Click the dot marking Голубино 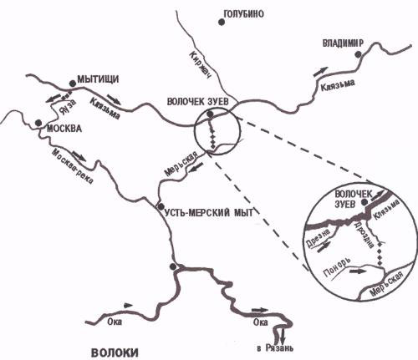(222, 23)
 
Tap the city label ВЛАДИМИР (343, 43)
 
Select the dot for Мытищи (73, 84)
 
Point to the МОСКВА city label (64, 129)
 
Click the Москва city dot (38, 123)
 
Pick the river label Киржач (201, 65)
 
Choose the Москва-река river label (73, 166)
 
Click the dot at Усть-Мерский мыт (161, 206)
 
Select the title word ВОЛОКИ (115, 352)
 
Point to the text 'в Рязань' (275, 348)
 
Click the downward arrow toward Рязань (283, 336)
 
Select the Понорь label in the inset (337, 267)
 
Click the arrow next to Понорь (358, 271)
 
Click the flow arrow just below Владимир (321, 72)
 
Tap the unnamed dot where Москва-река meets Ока (173, 266)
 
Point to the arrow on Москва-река (79, 156)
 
